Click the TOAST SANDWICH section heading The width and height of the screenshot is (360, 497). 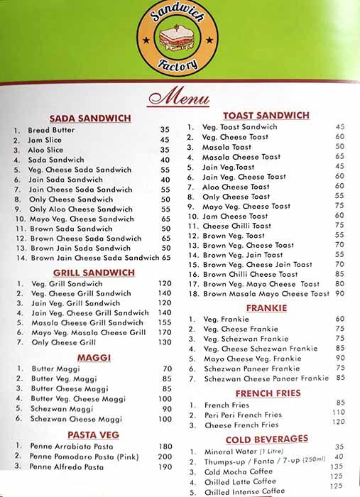(x=266, y=115)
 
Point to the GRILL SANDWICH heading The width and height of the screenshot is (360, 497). (x=94, y=272)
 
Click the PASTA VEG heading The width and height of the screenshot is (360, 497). (x=93, y=434)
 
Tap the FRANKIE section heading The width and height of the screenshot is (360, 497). (x=266, y=307)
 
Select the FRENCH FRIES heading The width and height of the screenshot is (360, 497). (x=266, y=393)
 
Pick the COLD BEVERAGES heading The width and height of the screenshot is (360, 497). (x=266, y=438)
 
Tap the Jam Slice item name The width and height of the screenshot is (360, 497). (x=45, y=140)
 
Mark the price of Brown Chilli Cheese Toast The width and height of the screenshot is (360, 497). (x=339, y=273)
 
